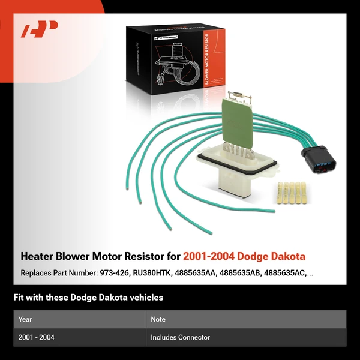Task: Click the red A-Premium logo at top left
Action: click(40, 28)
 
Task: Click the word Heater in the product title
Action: click(38, 256)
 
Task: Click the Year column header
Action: click(25, 319)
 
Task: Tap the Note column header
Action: click(158, 319)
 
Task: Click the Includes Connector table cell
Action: click(180, 337)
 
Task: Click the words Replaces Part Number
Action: click(56, 274)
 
